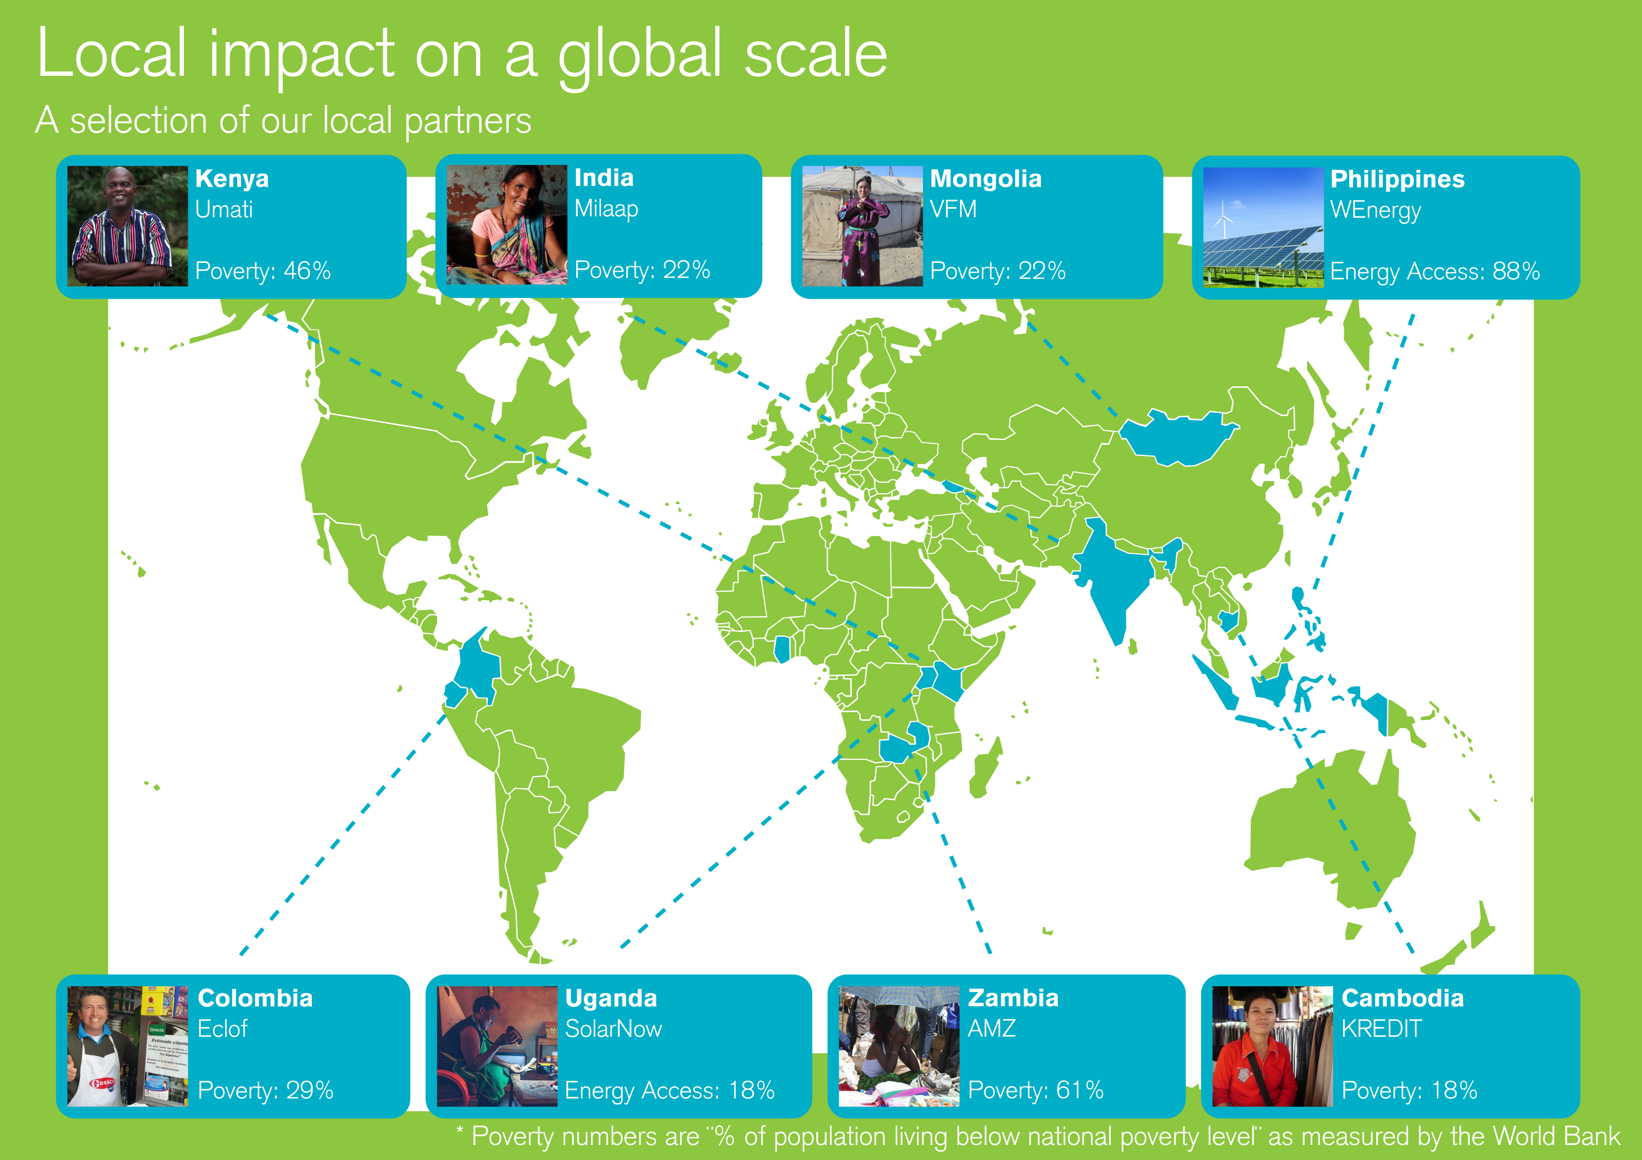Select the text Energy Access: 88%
[1435, 272]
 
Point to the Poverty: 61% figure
[1035, 1090]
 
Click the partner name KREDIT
[1381, 1029]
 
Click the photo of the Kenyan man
[127, 226]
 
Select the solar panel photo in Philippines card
[1263, 227]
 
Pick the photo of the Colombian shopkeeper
[127, 1046]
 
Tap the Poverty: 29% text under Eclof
[265, 1090]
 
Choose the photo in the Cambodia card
[1272, 1046]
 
